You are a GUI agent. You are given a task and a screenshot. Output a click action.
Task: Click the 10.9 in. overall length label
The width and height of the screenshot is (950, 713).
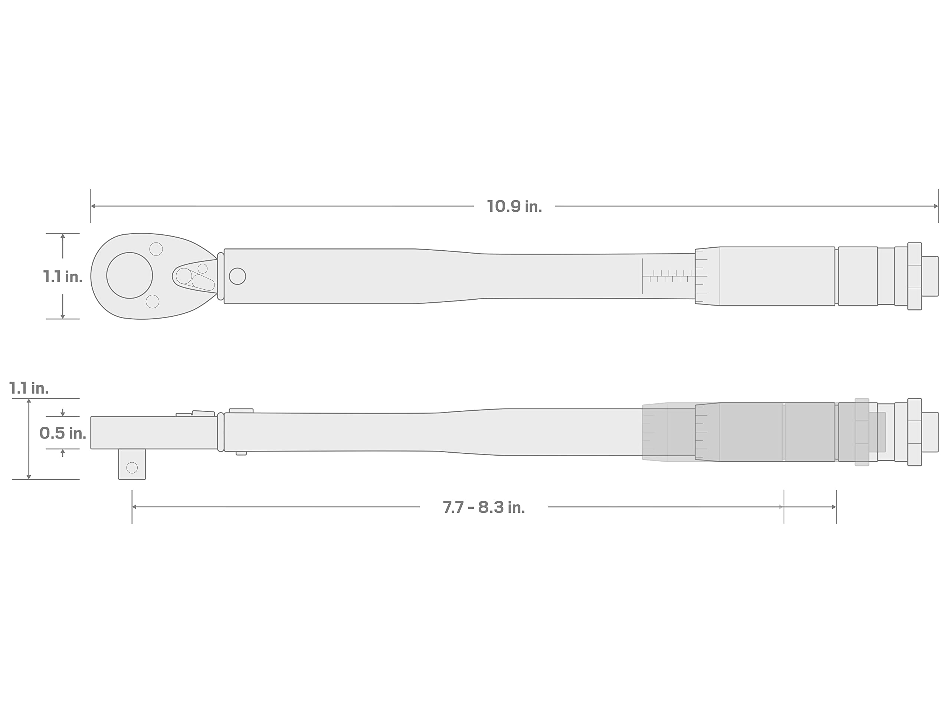tap(514, 207)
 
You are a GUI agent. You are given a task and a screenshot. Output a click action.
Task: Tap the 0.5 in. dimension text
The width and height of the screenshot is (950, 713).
tap(63, 433)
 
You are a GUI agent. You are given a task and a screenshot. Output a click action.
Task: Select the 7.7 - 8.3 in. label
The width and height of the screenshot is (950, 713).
tap(484, 508)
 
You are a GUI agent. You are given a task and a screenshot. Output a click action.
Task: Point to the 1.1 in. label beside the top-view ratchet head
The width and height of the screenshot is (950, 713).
tap(63, 277)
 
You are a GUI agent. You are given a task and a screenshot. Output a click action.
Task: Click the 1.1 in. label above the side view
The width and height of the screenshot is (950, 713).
tap(29, 388)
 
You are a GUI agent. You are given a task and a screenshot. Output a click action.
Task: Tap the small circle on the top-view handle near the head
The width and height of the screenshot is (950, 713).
tap(237, 276)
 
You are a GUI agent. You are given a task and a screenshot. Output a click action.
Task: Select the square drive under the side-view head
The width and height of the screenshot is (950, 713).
tap(132, 464)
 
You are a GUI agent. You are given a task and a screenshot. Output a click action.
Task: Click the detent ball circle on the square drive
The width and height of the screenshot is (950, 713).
tap(132, 468)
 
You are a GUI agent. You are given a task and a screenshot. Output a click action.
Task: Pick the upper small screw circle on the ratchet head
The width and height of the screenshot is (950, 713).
tap(156, 249)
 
